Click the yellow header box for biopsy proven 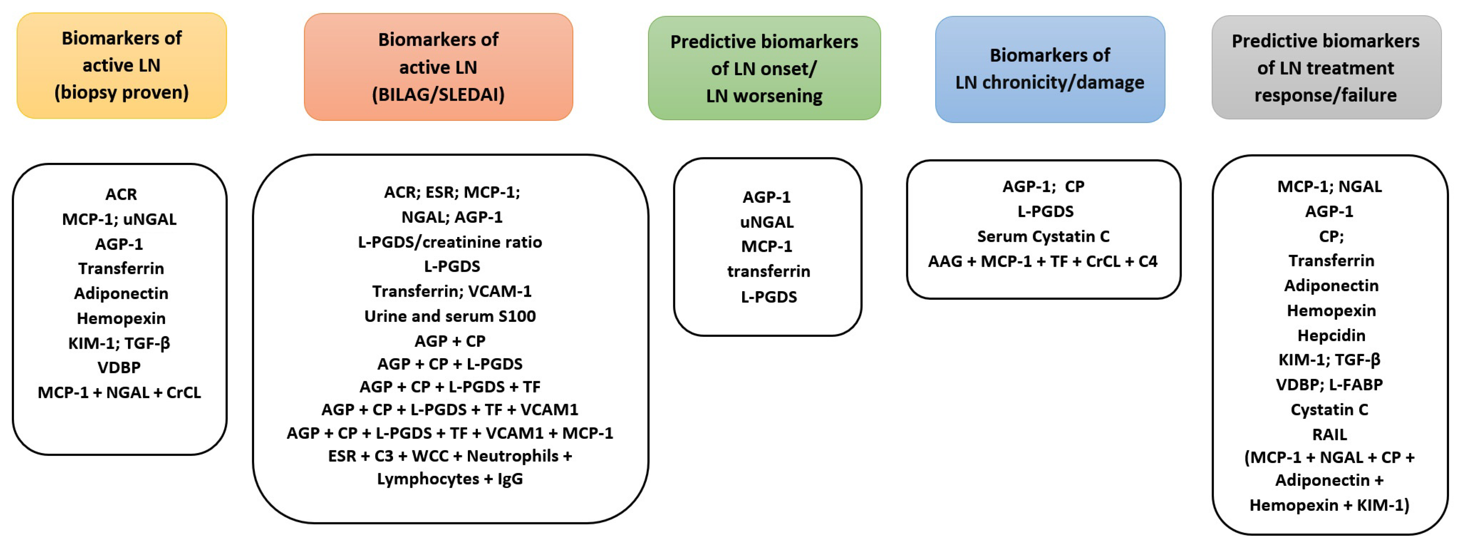[122, 65]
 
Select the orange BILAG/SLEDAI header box [438, 67]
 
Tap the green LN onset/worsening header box [764, 68]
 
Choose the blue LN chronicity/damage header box [1050, 69]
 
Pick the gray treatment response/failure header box [1325, 67]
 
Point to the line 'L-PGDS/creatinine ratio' [450, 242]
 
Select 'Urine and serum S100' [450, 316]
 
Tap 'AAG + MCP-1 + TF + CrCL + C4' [1043, 261]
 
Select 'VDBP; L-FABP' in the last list [1330, 384]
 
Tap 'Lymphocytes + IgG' [450, 479]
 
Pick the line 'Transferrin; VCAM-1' [452, 292]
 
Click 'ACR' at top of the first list [121, 194]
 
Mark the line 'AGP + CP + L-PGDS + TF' [450, 387]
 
